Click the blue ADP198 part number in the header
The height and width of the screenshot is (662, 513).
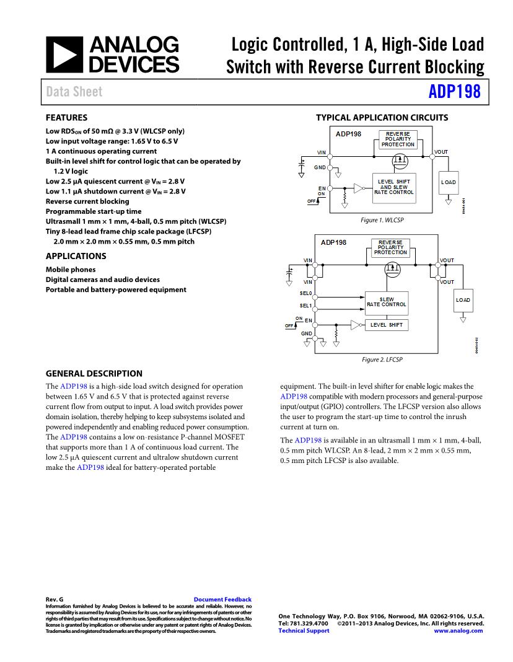tap(454, 92)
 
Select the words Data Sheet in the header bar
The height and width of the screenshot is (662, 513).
tap(74, 92)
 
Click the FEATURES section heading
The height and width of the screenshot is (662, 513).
tap(66, 118)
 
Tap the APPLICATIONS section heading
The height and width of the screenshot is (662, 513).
tap(76, 256)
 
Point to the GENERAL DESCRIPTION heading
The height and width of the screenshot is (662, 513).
tap(94, 374)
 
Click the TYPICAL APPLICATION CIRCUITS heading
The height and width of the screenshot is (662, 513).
tap(382, 118)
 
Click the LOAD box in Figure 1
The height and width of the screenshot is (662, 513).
tap(448, 182)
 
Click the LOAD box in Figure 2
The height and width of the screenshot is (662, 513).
tap(463, 300)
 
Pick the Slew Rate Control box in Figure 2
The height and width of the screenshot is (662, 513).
tap(386, 302)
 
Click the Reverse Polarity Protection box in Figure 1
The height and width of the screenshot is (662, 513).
tap(398, 139)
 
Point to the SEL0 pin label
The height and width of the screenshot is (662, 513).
tap(305, 293)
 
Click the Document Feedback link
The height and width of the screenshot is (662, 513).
tap(222, 599)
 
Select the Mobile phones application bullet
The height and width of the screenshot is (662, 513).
tap(71, 270)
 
